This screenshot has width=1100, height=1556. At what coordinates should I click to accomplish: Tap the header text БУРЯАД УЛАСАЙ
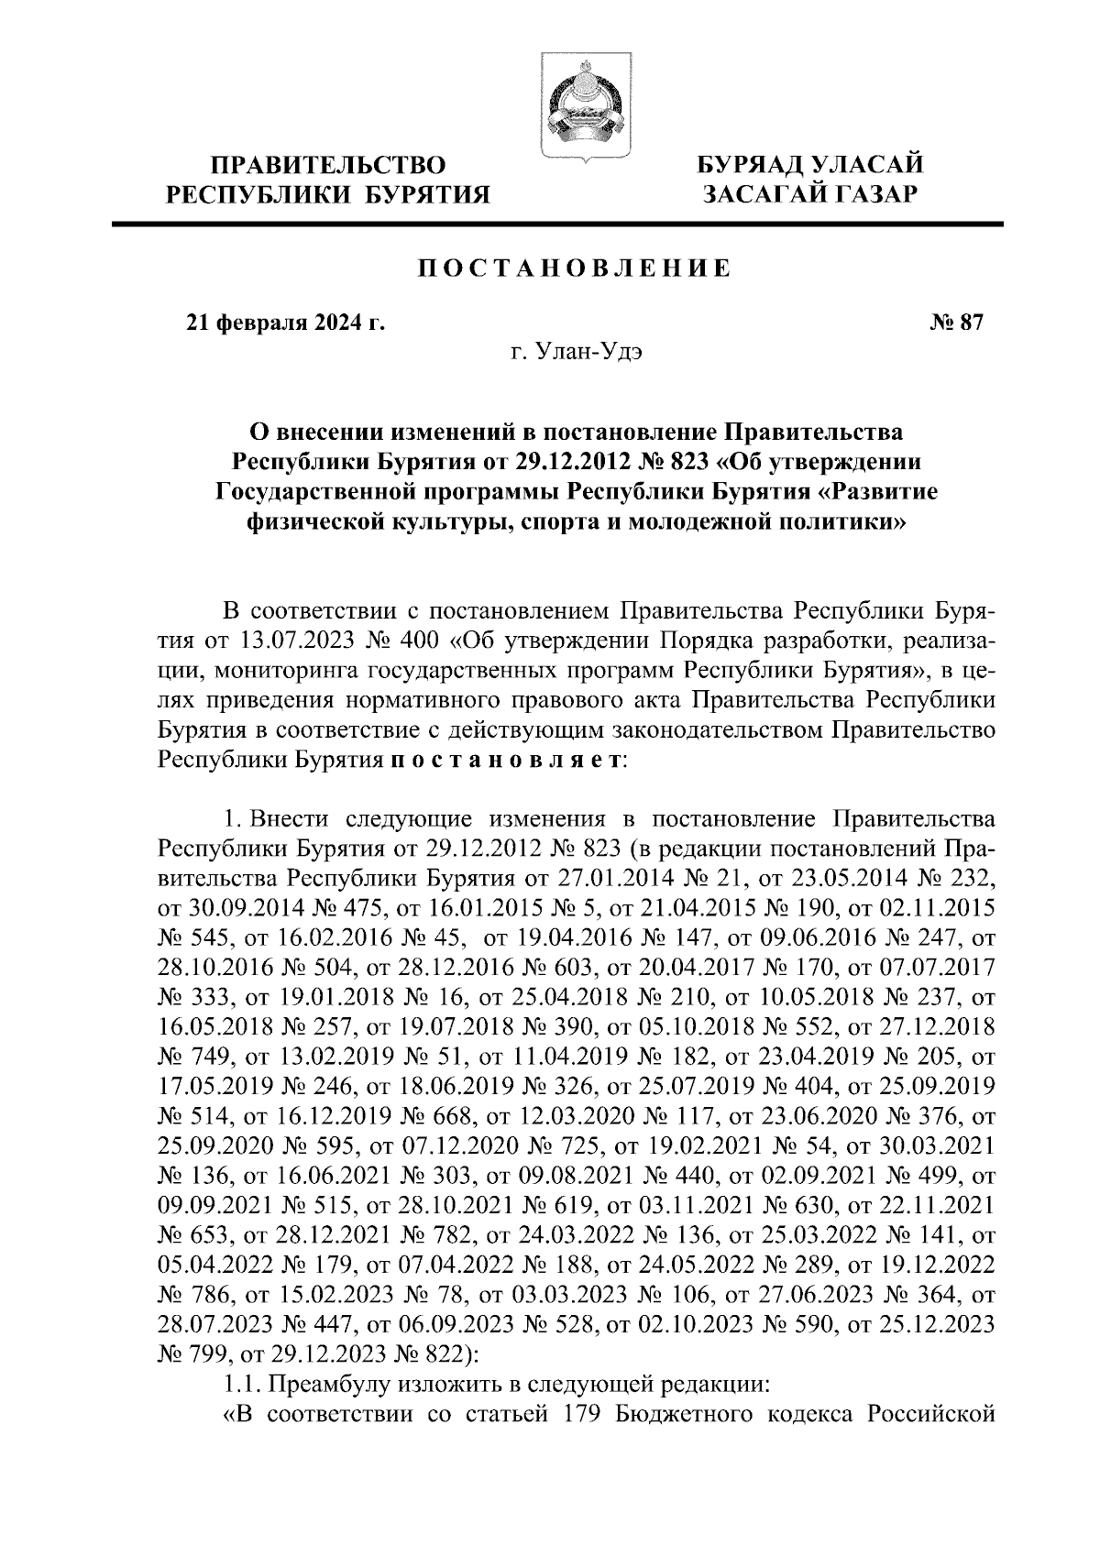coord(808,166)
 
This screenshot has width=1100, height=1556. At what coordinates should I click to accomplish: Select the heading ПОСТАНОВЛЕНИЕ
coord(575,268)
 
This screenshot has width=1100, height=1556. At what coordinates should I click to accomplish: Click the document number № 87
coord(956,323)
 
